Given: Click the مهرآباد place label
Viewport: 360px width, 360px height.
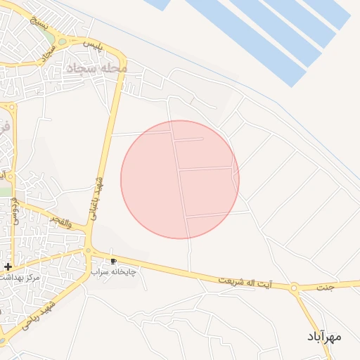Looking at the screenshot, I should click(324, 337).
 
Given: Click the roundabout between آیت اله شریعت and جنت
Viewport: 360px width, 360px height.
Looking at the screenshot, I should click(295, 287).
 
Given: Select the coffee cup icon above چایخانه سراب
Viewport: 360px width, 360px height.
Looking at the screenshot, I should click(114, 262).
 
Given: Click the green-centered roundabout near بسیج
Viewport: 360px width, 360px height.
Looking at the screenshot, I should click(63, 41).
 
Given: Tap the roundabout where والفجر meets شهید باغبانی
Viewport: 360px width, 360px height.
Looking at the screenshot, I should click(89, 250).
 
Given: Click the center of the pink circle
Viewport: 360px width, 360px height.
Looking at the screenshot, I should click(180, 179).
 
